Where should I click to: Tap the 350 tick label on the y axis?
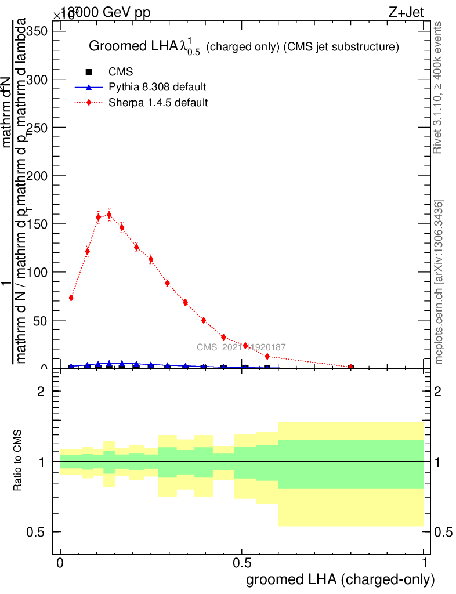[x=36, y=31]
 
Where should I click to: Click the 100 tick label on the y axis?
[x=36, y=272]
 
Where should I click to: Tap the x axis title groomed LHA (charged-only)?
[x=341, y=579]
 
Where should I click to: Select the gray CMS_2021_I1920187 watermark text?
[x=241, y=347]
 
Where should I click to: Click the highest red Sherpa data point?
[x=109, y=215]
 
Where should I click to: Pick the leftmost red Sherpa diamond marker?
[x=71, y=298]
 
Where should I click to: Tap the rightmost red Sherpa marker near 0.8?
[x=350, y=367]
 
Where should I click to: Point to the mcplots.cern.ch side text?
[x=440, y=282]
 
